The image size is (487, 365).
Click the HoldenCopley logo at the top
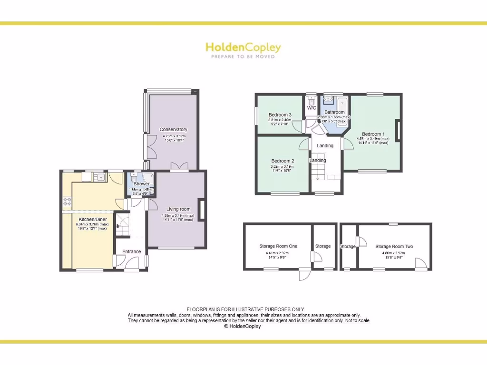[243, 47]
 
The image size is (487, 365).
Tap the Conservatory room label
[173, 129]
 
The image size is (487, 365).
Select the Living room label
[178, 209]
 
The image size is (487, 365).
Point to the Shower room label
[141, 184]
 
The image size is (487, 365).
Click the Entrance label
[131, 251]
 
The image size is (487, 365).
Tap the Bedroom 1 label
[373, 134]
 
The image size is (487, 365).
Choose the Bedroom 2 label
[282, 161]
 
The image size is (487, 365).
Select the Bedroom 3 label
[280, 115]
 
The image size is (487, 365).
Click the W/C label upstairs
[312, 108]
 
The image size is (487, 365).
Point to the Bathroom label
[334, 112]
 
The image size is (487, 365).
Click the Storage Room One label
[278, 246]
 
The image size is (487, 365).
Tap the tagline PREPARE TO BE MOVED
[243, 57]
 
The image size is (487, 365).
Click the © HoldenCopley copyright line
[243, 327]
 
